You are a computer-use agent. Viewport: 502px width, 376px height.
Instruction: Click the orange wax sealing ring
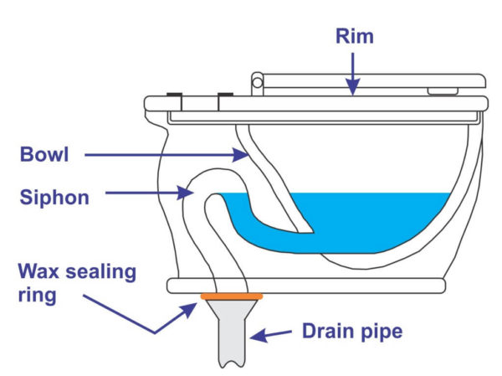point(232,296)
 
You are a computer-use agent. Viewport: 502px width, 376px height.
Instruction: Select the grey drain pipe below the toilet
point(232,335)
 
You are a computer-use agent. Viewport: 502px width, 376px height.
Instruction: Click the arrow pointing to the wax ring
point(167,314)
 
